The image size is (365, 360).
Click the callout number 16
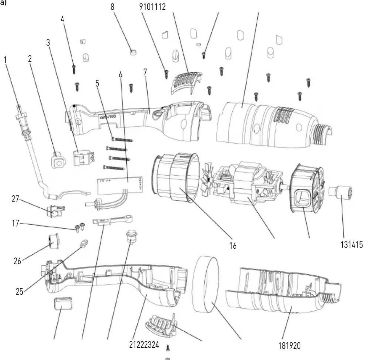[x=233, y=246]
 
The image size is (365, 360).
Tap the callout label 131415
[x=350, y=245]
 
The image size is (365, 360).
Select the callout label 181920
[x=289, y=345]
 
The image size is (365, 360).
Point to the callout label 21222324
[x=144, y=345]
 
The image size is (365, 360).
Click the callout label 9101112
[x=153, y=7]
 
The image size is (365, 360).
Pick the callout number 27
[x=15, y=198]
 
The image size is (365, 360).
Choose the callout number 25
[x=19, y=291]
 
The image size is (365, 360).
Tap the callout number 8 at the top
[x=112, y=7]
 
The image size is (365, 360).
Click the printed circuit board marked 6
[x=120, y=184]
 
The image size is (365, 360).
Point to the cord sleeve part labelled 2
[x=58, y=160]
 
